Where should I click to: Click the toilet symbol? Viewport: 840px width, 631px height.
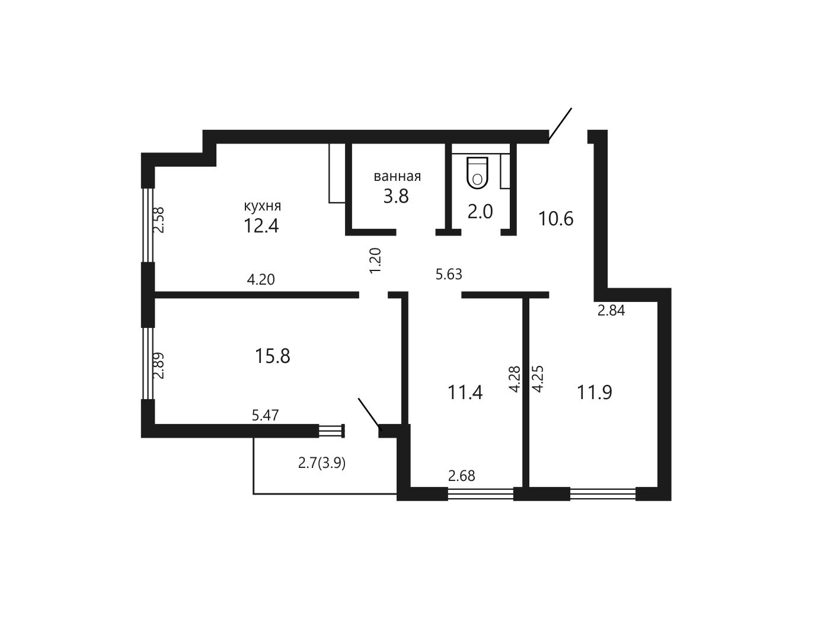477,173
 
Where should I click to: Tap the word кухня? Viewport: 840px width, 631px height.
262,206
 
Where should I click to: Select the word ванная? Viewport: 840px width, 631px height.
397,176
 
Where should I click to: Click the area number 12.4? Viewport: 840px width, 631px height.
261,226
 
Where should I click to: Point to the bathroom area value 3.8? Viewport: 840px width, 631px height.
396,196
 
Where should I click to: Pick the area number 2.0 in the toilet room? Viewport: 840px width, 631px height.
480,212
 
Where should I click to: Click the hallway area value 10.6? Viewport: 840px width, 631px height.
555,219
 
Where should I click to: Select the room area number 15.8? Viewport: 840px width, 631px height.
273,356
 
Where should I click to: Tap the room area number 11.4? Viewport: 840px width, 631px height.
465,393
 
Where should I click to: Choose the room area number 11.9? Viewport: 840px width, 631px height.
595,393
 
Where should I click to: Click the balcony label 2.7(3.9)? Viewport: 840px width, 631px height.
321,464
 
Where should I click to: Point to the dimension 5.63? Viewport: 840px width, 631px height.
449,275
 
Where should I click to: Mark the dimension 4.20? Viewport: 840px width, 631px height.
261,280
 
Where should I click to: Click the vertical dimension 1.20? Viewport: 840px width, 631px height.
376,260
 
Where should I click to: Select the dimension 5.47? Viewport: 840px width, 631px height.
265,416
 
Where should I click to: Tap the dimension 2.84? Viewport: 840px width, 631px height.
611,310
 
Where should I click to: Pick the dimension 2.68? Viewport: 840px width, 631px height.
462,476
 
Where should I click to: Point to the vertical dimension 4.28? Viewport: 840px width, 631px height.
515,379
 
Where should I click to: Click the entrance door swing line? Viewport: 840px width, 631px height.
560,125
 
